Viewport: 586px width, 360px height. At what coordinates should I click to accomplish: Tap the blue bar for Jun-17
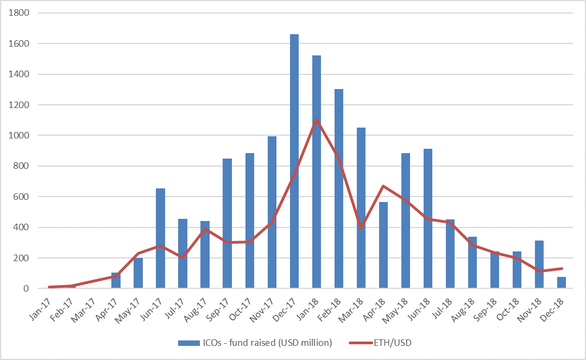click(x=160, y=238)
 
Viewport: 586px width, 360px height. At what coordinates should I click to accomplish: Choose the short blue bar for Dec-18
click(x=562, y=283)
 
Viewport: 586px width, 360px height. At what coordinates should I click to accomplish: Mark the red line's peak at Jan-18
click(x=317, y=119)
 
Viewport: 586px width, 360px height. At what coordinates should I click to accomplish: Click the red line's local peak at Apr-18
click(x=383, y=186)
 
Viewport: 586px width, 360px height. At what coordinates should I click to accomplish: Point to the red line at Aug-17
click(x=205, y=229)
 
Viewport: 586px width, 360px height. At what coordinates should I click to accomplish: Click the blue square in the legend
click(x=181, y=343)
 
